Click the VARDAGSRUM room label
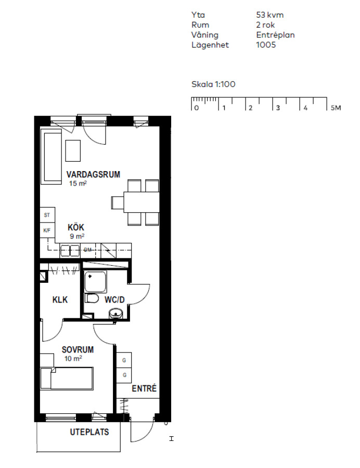tap(93, 174)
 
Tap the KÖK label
tap(76, 227)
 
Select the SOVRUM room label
tap(78, 349)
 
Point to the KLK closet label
tap(60, 300)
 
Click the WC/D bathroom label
tap(114, 300)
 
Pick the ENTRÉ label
tap(144, 388)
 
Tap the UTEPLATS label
tap(89, 432)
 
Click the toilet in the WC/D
tap(92, 298)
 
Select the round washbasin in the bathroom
tap(116, 314)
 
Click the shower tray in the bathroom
tap(96, 282)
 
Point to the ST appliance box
tap(47, 215)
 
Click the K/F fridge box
tap(47, 230)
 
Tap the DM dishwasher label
tap(88, 250)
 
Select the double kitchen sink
tap(70, 251)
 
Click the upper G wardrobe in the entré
tap(124, 360)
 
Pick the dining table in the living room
tap(142, 202)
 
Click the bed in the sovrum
tap(67, 378)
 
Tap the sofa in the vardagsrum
tap(52, 157)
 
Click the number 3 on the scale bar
tap(278, 108)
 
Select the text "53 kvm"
tap(270, 15)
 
